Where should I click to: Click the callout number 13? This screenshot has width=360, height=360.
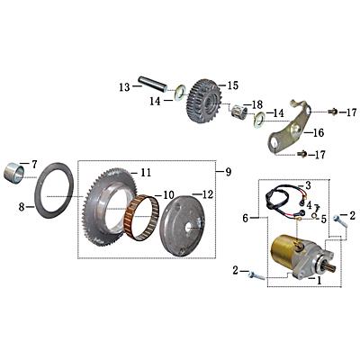(x=123, y=87)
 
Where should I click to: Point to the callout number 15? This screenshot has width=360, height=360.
(x=232, y=85)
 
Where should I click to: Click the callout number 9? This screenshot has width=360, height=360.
(x=228, y=171)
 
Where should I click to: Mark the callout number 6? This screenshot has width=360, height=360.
(x=244, y=218)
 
